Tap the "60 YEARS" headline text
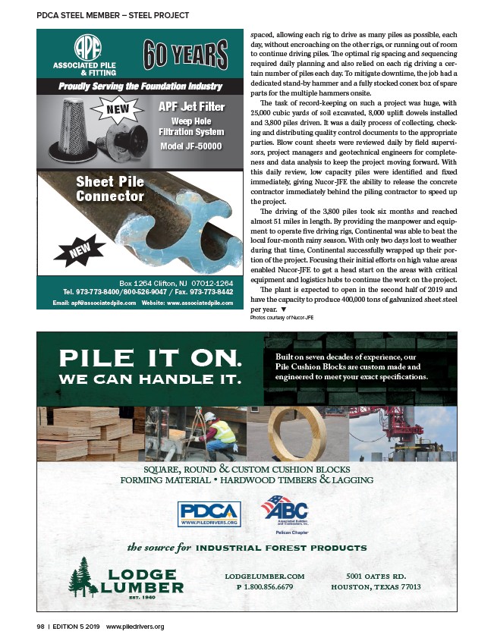pyautogui.click(x=185, y=55)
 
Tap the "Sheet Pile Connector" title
pyautogui.click(x=109, y=189)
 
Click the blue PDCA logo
pyautogui.click(x=209, y=514)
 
